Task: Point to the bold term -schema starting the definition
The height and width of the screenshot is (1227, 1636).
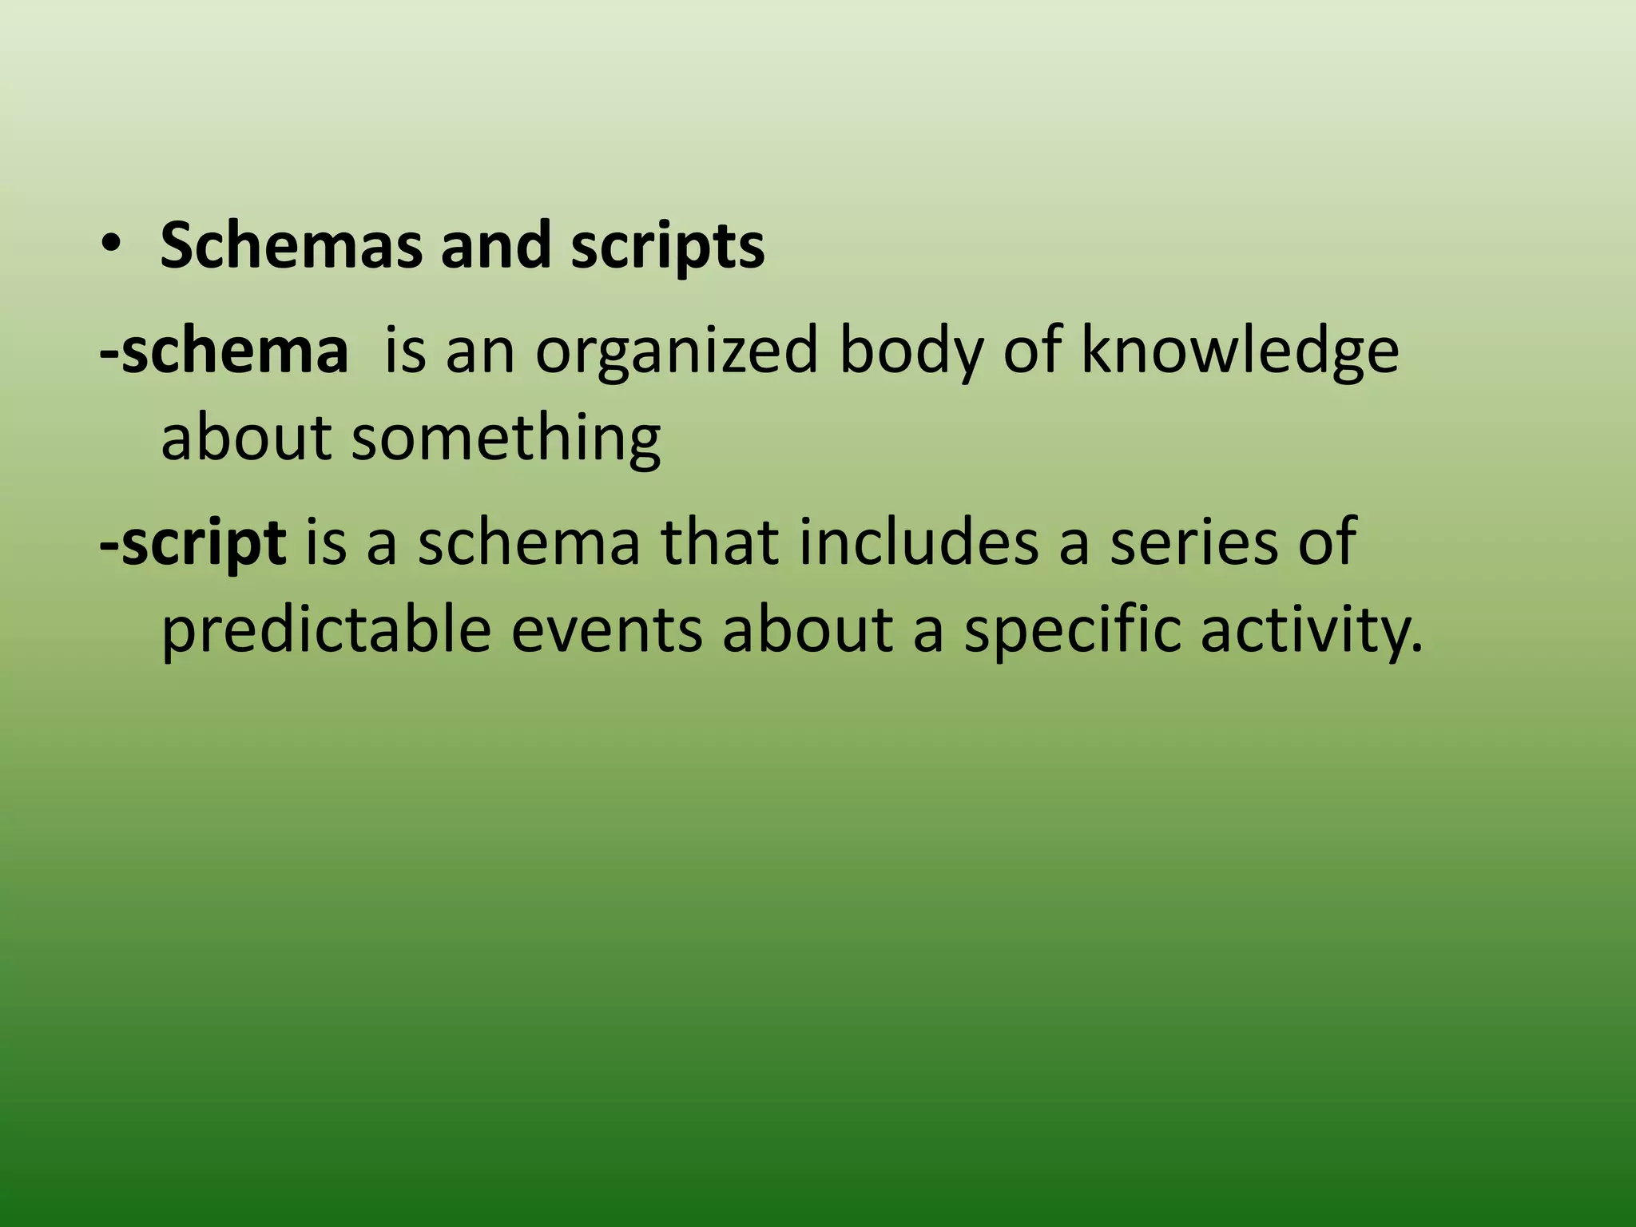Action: tap(224, 351)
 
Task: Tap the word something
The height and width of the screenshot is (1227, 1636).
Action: tap(506, 439)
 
